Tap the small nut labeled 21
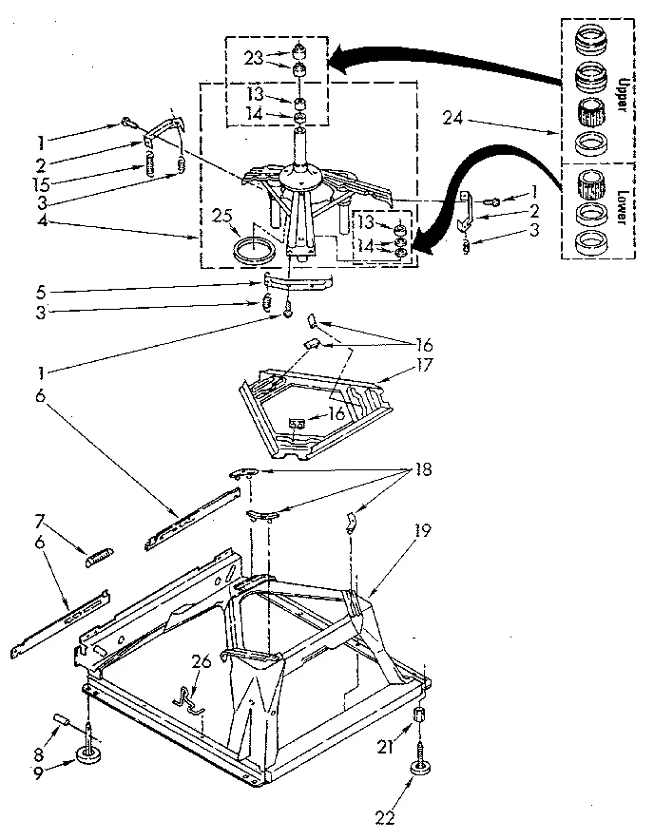pyautogui.click(x=418, y=714)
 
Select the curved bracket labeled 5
pyautogui.click(x=298, y=282)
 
